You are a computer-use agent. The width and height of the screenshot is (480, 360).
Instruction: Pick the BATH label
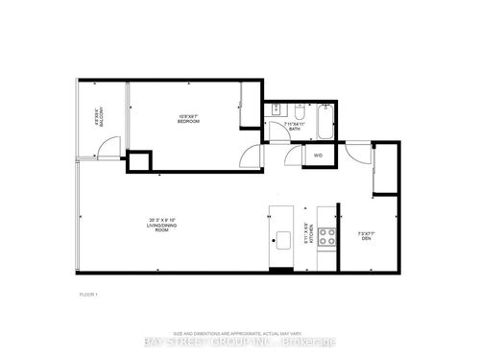pos(294,125)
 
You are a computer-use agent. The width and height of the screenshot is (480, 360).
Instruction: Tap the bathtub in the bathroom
pos(324,117)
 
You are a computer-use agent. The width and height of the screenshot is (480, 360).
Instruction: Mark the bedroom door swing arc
pos(251,154)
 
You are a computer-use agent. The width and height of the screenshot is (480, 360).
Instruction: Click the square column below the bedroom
pos(140,160)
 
